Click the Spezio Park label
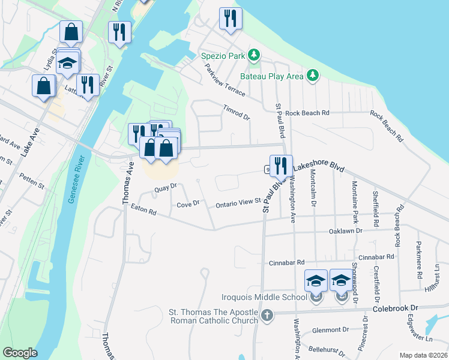click(223, 56)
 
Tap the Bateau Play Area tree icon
click(312, 76)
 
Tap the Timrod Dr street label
click(236, 112)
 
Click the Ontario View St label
click(237, 203)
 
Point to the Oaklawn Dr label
click(346, 230)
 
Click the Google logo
click(20, 353)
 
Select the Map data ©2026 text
click(423, 355)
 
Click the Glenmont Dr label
click(331, 330)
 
